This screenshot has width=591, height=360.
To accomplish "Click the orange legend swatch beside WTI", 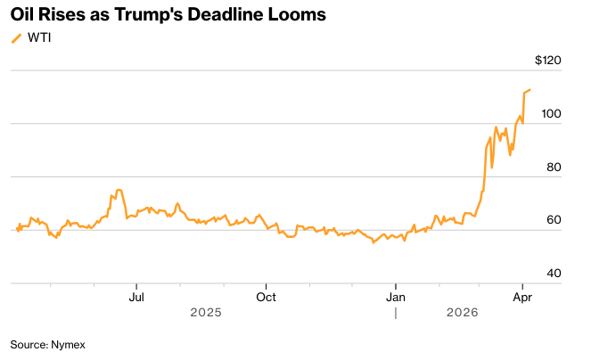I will point(15,37).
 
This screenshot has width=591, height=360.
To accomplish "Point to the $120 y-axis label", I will point(547,61).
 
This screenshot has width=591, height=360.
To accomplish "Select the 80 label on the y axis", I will point(554,167).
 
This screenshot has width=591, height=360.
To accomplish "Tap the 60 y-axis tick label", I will point(554,219).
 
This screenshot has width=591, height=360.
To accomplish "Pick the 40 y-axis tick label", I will point(554,273).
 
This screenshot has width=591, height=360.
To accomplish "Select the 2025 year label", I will point(206,313).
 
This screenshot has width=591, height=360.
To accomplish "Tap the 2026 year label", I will point(463,313).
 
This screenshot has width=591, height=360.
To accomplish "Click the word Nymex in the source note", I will point(68,343).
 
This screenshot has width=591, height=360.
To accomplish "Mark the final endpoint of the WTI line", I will point(530,90).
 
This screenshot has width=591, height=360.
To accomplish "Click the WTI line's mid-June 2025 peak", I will point(119,190).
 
